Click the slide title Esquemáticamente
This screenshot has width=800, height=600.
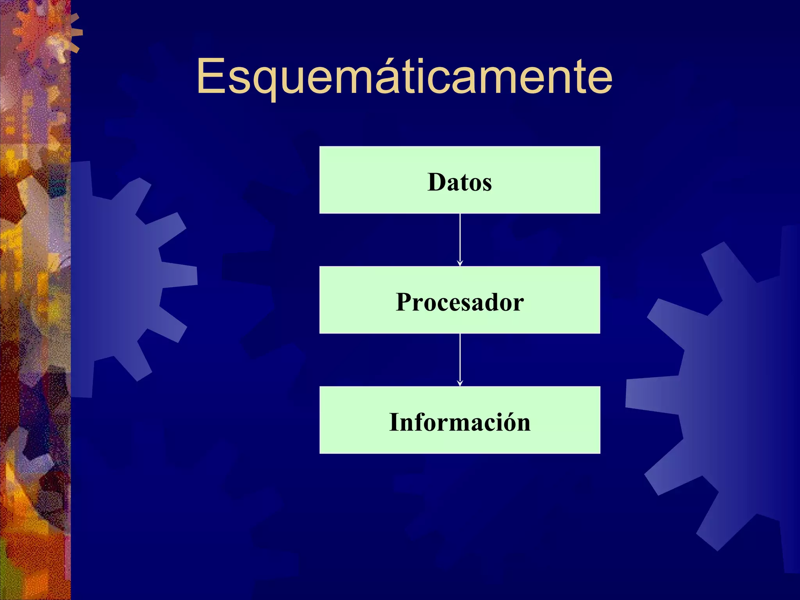[x=404, y=76]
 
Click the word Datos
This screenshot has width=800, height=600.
[x=460, y=182]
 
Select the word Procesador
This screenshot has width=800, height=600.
[x=460, y=302]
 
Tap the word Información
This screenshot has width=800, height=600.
[x=460, y=422]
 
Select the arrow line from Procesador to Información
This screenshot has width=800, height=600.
[x=460, y=357]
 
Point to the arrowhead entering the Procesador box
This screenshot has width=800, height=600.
[x=460, y=264]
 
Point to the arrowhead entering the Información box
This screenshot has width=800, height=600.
[x=460, y=384]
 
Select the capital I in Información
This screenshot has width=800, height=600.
[x=395, y=422]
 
